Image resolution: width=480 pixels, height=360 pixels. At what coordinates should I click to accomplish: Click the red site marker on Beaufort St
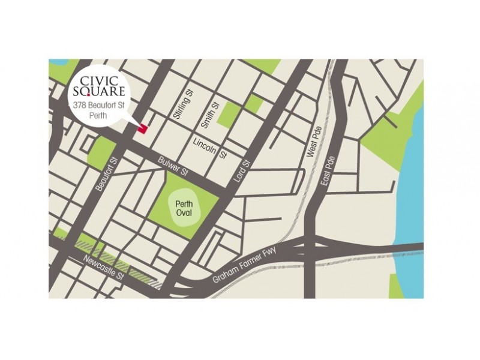pos(142,128)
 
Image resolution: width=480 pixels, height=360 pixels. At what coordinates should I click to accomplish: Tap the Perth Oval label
pos(184,209)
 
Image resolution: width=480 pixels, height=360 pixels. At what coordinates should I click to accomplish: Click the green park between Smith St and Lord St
pos(227,115)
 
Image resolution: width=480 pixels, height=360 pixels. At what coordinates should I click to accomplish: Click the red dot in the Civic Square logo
pos(88,95)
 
